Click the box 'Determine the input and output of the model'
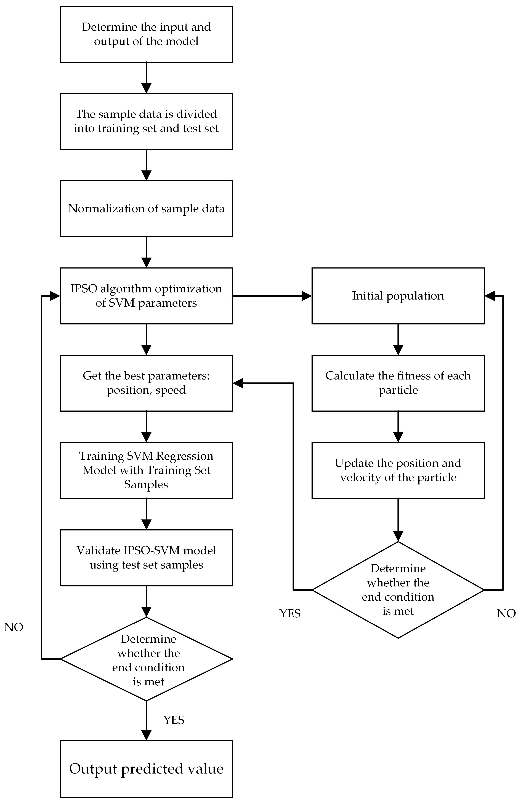[x=146, y=34]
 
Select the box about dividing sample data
[x=146, y=122]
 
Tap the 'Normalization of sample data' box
[x=146, y=209]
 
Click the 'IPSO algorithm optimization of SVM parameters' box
[x=146, y=296]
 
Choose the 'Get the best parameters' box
[x=146, y=383]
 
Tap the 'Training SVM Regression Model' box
[x=146, y=470]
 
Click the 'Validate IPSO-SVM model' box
[x=146, y=557]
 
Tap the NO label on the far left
[x=14, y=627]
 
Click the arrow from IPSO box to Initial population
[x=272, y=296]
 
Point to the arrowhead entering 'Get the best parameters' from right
[x=238, y=383]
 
